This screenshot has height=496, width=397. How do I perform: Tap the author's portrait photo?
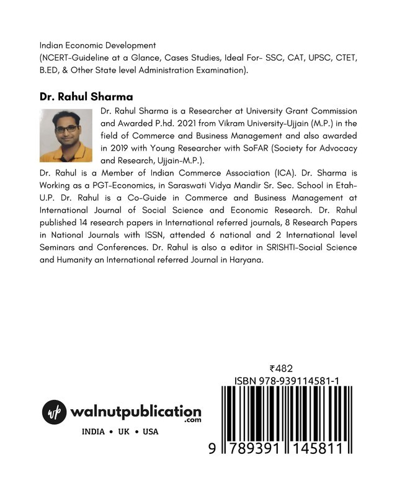[x=66, y=135]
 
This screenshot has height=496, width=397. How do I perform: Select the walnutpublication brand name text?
[x=136, y=411]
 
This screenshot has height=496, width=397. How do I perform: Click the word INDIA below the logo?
[x=97, y=432]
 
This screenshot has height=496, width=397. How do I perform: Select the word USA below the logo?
[x=151, y=432]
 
